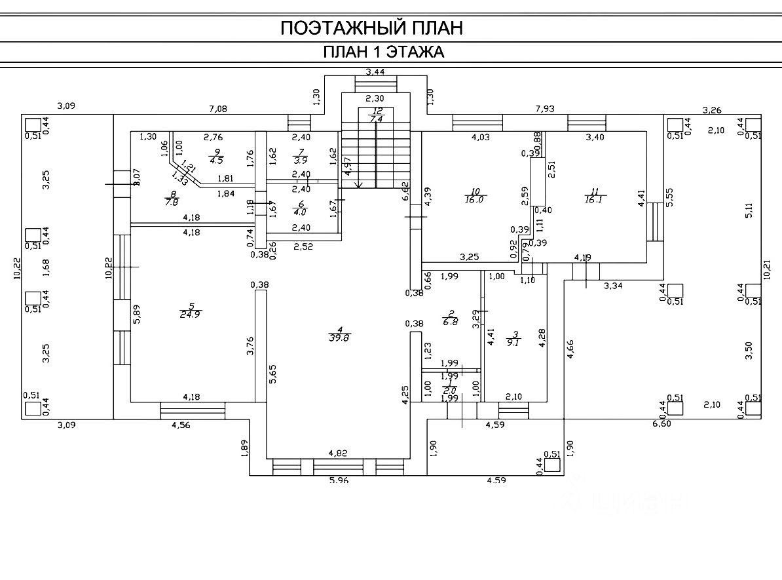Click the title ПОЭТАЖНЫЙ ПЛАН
(371, 28)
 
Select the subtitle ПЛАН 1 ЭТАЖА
(384, 52)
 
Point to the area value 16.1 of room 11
(595, 200)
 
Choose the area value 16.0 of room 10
(474, 200)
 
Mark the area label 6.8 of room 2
(451, 322)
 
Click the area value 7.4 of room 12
(375, 119)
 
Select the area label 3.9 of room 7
(282, 160)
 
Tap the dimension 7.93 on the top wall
(545, 108)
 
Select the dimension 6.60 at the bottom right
(661, 424)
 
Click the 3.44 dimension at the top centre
(375, 72)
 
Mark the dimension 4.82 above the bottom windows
(337, 453)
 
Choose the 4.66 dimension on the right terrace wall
(571, 349)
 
